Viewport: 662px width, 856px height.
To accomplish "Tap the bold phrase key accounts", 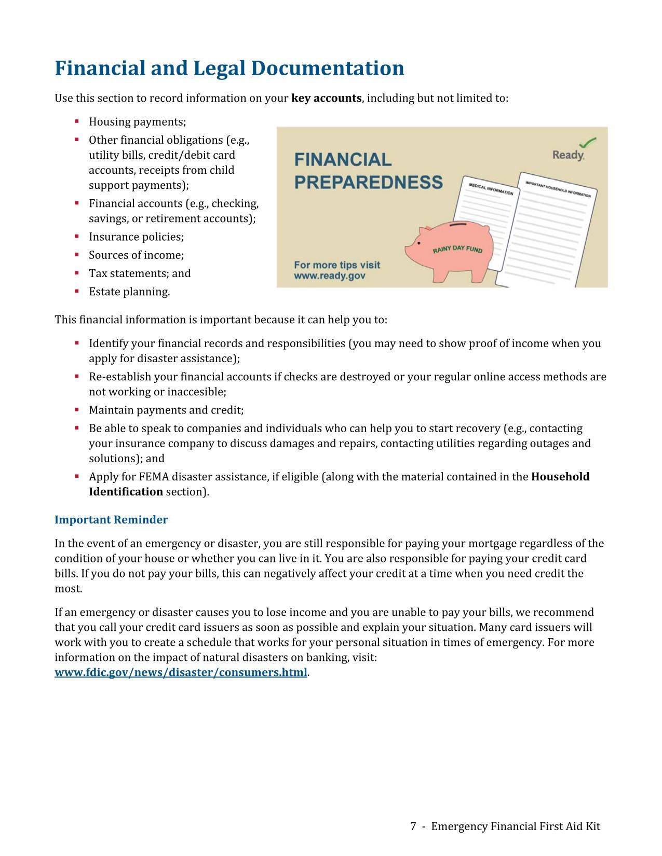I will pos(326,99).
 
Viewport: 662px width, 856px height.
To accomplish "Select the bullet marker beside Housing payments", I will pos(77,121).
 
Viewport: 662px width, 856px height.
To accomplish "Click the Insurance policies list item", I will pos(136,237).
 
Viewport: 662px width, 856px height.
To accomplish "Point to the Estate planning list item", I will pos(129,292).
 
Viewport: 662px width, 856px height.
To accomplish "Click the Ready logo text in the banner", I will pos(568,155).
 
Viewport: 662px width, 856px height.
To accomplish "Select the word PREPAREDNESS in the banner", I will pos(369,183).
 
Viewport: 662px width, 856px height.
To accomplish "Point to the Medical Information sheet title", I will pos(491,189).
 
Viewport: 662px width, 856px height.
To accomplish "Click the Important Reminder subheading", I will pos(111,520).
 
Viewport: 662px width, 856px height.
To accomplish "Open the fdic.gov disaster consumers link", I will pos(181,673).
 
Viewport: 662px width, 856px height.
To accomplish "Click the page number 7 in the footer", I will pos(413,826).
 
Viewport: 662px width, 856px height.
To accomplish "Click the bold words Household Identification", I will pos(560,477).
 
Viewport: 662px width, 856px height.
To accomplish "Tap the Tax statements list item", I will pos(140,273).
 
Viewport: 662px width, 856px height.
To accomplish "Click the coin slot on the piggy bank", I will pos(457,226).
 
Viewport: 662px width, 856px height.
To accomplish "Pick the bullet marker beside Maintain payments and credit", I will pos(77,409).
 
